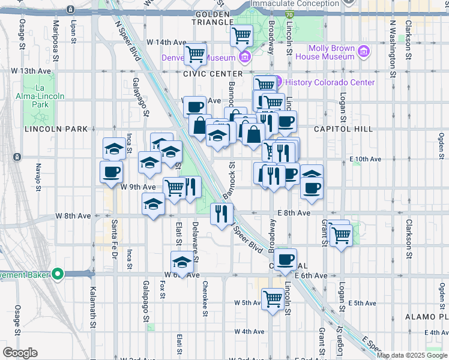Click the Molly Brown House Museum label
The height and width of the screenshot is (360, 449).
(331, 52)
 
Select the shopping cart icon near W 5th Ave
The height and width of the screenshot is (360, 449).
(273, 298)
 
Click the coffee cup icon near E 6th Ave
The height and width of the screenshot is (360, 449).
(286, 260)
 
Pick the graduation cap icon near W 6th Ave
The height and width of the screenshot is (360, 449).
(182, 262)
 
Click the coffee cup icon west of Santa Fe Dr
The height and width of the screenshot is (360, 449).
(110, 173)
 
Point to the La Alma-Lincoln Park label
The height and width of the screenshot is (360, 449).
(40, 96)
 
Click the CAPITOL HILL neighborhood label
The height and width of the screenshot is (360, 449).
(343, 129)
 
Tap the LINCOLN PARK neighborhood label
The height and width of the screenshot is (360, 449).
(56, 129)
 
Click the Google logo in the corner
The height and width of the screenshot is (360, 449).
(20, 353)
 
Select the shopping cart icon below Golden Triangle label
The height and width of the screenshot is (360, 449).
(241, 35)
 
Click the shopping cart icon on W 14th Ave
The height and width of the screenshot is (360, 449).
(196, 55)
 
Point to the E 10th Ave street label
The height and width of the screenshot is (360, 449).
(366, 159)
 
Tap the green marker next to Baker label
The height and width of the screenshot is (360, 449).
(58, 275)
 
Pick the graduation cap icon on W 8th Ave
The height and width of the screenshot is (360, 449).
(153, 205)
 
